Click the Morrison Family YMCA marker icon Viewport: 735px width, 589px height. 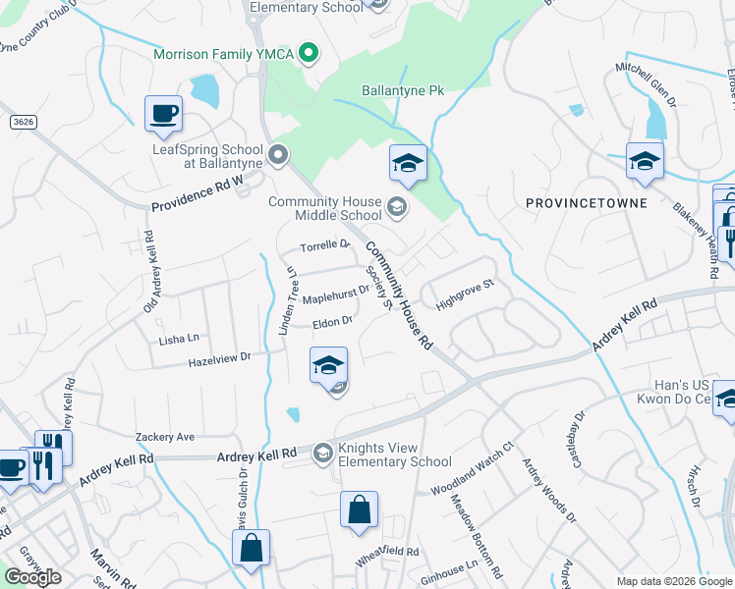(x=310, y=53)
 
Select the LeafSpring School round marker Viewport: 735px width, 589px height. (x=278, y=154)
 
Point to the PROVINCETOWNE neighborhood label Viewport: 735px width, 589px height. (x=586, y=203)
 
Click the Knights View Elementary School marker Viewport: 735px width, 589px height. (x=322, y=454)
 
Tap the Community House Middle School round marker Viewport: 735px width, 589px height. (x=396, y=206)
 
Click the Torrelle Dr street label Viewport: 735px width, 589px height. (x=325, y=244)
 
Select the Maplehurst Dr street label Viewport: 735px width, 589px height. (x=335, y=291)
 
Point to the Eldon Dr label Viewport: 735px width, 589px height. (x=332, y=321)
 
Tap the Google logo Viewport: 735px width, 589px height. (x=32, y=577)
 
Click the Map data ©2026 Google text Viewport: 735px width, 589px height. (x=673, y=581)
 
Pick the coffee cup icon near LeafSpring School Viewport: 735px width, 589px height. (x=163, y=113)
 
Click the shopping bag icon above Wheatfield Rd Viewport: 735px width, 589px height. (x=359, y=510)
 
